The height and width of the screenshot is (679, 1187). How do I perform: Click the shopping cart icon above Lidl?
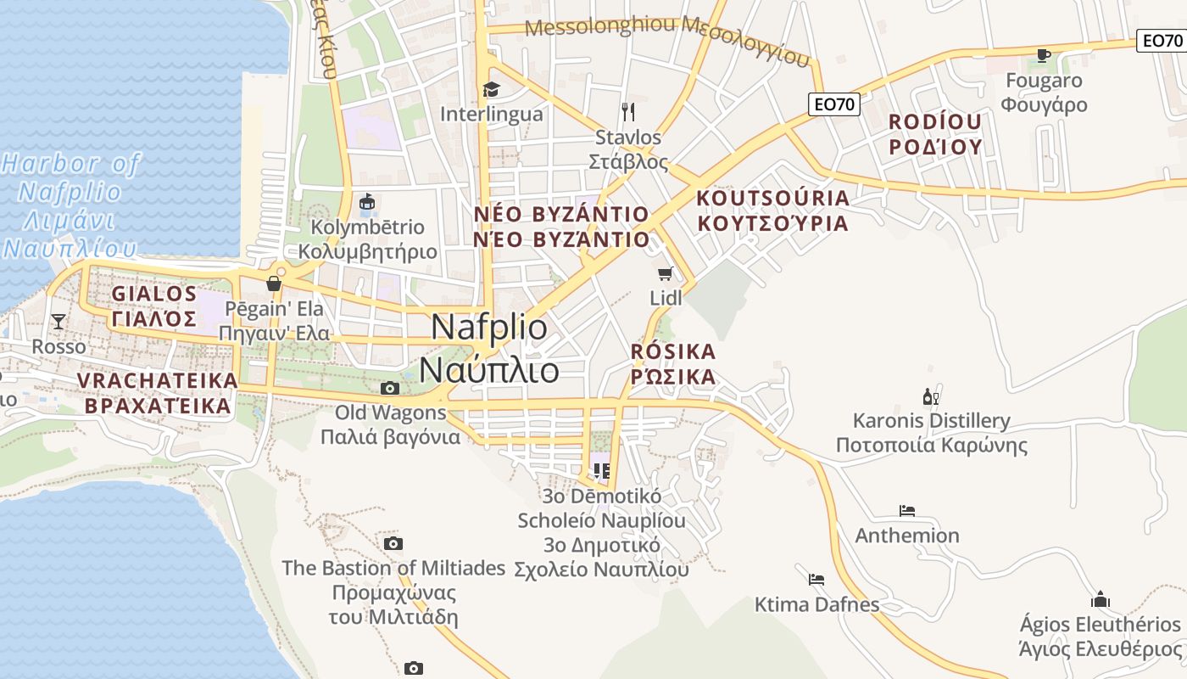pos(666,273)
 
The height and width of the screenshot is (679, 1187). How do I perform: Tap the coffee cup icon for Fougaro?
pos(1043,56)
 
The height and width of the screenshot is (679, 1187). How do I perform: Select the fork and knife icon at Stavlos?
pos(628,112)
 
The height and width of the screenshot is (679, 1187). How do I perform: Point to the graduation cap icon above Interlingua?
pos(491,89)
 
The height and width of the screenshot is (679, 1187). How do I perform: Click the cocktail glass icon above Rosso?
pos(59,321)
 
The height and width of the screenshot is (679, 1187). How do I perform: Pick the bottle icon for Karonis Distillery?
pos(930,396)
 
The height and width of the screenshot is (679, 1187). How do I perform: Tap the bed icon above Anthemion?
pos(906,511)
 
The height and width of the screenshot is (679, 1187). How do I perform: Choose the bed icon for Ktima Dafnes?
pos(816,580)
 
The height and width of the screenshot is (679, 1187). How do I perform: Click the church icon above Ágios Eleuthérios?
pos(1101,599)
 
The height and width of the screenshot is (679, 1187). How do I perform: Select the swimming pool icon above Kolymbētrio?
pos(367,203)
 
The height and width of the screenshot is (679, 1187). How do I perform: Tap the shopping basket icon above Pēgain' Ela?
pos(273,283)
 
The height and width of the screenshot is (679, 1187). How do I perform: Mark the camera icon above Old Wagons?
pos(390,389)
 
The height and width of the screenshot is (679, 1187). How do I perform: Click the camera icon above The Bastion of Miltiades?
pos(393,543)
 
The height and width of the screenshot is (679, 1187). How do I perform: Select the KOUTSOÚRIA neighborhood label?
pos(772,210)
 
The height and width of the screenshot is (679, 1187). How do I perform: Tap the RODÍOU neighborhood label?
pos(934,134)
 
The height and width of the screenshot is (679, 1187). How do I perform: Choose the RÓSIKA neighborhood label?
pos(673,363)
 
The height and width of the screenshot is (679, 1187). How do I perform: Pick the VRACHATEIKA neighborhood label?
pos(158,393)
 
